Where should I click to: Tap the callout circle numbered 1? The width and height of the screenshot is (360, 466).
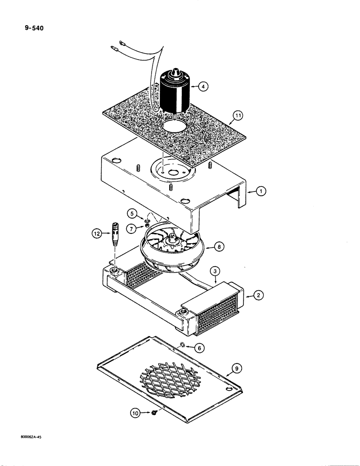(x=262, y=191)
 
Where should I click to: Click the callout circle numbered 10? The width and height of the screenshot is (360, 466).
(x=135, y=412)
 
